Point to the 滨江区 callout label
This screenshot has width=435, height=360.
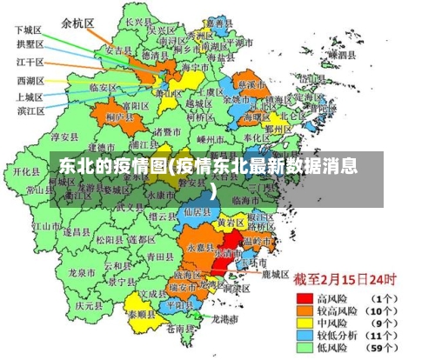pyautogui.click(x=31, y=110)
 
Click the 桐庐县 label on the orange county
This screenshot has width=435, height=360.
pyautogui.click(x=118, y=116)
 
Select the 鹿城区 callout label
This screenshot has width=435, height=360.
pyautogui.click(x=275, y=273)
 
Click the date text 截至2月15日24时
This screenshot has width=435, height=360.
pyautogui.click(x=345, y=280)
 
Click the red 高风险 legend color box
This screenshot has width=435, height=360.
pyautogui.click(x=304, y=297)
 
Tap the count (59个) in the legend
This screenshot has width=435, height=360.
pyautogui.click(x=391, y=348)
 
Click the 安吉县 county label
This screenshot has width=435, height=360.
pyautogui.click(x=117, y=51)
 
